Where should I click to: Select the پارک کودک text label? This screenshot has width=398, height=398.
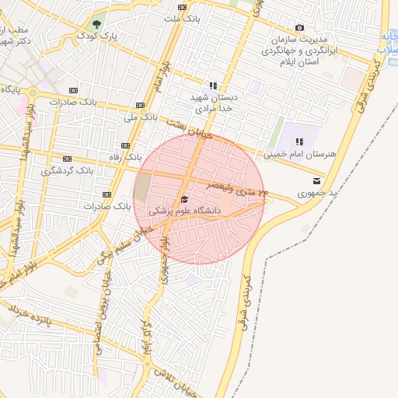101,36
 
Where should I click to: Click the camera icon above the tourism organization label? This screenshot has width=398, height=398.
299,28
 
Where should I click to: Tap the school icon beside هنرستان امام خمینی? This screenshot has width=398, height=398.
299,141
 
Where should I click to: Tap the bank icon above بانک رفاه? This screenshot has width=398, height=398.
127,145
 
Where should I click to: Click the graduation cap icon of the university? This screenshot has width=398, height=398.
184,200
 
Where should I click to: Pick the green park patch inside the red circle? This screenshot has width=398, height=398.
144,187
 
